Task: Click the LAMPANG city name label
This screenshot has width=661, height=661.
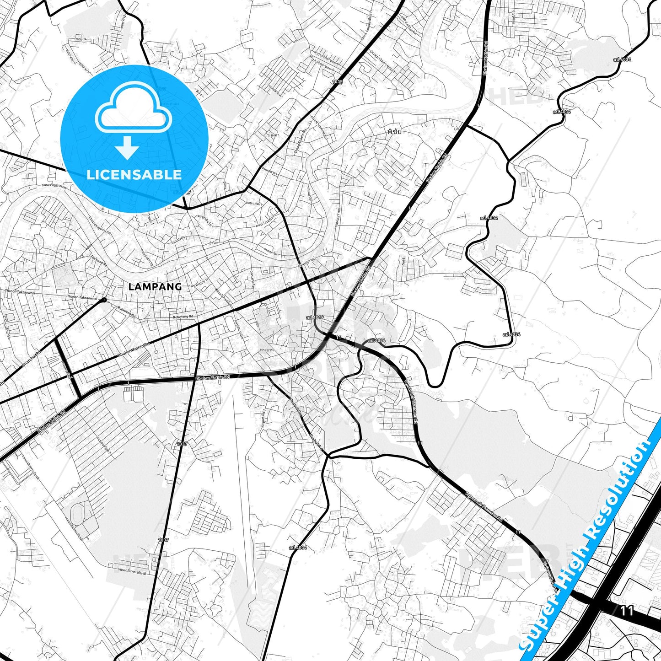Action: [155, 287]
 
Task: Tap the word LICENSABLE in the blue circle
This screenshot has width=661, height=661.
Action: [134, 175]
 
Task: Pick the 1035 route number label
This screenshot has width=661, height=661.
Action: [337, 81]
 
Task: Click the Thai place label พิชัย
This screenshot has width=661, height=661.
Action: [394, 132]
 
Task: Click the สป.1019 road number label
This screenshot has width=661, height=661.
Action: [315, 317]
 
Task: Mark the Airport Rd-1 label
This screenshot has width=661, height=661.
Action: [264, 418]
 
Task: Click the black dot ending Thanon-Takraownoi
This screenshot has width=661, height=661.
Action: [104, 300]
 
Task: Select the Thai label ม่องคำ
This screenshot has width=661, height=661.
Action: [274, 135]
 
